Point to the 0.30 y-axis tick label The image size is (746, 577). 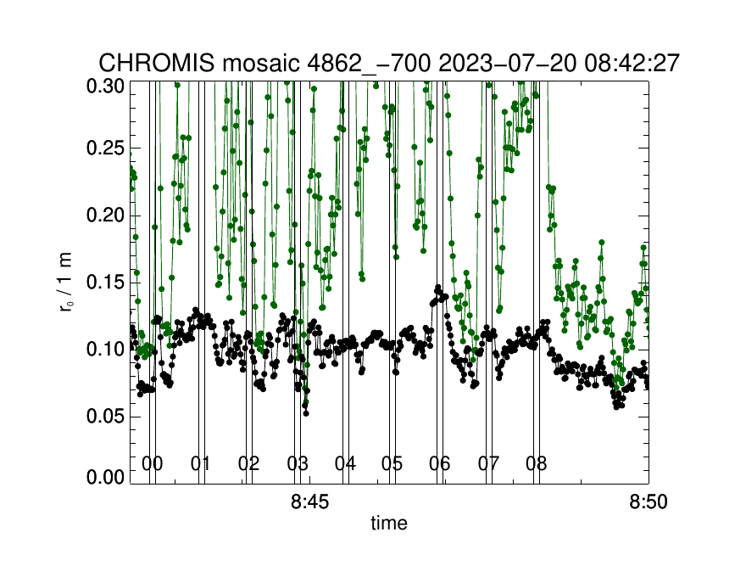[105, 87]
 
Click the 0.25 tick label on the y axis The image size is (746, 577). [105, 148]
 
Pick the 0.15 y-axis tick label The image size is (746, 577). [105, 283]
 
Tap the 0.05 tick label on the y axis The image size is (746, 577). [105, 417]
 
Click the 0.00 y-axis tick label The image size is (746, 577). [105, 477]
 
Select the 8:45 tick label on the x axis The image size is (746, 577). [309, 501]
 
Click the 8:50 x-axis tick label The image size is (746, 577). [648, 501]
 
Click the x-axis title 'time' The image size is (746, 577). [389, 523]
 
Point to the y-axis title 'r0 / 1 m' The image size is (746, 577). [66, 283]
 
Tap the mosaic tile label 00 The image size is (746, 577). [153, 463]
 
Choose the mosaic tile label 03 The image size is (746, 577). [298, 463]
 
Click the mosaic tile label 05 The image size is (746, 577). [392, 463]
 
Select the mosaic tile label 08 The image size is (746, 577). [536, 463]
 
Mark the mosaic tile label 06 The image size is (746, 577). [440, 463]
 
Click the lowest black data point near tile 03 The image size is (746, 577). [306, 413]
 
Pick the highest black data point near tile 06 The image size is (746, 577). [438, 287]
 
